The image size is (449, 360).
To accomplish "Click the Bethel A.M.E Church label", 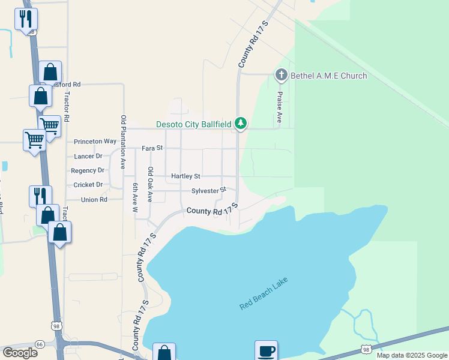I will pos(328,76).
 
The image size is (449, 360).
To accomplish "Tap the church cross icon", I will pos(281,75).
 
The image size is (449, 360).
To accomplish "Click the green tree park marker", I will pos(241,123).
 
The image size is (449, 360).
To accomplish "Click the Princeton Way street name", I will pos(95,142).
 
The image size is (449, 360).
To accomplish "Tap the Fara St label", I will pos(152,148).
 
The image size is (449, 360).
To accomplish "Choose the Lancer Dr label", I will pos(88,156).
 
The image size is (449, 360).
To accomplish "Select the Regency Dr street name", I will pos(88,170).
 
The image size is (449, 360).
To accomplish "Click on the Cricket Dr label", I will pos(88,185).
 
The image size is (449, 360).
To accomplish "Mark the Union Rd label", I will pos(94,199).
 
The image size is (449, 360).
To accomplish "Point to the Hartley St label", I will pos(185,176).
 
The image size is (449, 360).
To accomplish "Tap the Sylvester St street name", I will pos(208,191).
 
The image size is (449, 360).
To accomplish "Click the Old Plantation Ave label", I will pos(124,141).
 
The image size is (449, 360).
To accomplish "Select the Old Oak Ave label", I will pos(150,185).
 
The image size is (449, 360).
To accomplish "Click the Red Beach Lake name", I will pos(264,293).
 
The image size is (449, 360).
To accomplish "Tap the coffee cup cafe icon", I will pos(266,350).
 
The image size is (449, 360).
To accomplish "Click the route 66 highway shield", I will pos(40,344).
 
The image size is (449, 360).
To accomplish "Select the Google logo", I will pos(20,353).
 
